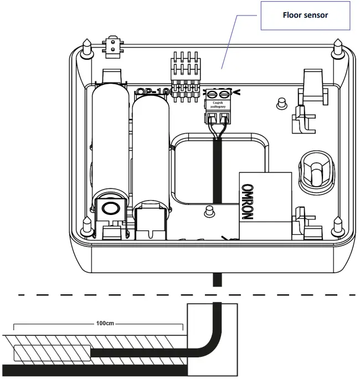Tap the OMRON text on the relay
248,202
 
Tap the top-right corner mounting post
338,47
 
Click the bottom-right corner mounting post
338,226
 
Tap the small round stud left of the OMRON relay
210,209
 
